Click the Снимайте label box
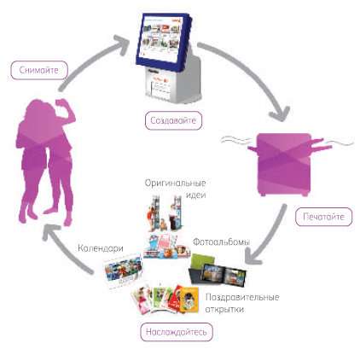39,70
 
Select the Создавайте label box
173,120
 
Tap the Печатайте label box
323,217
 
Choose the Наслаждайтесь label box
177,332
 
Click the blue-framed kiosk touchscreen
164,40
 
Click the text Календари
101,248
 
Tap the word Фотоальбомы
221,242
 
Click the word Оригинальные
175,183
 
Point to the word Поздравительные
242,298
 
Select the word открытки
224,309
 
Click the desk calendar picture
123,271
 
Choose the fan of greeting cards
165,299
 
